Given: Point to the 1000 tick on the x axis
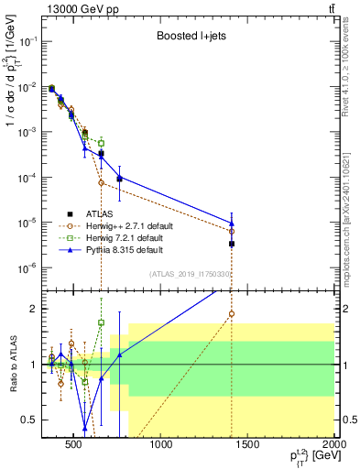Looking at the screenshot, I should point(161,447).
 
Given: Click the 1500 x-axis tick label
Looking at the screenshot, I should point(247,447).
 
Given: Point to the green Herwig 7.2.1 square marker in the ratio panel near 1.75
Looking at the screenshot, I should point(102,322).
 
